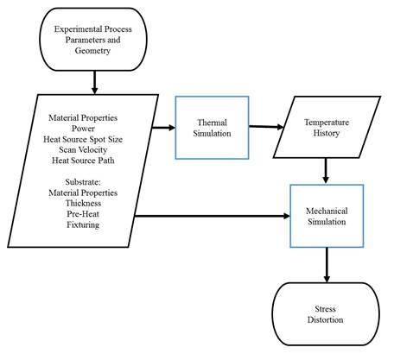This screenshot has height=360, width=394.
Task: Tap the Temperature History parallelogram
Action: point(327,127)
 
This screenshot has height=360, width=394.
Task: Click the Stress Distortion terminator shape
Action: point(326,314)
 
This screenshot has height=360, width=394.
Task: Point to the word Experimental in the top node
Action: point(78,29)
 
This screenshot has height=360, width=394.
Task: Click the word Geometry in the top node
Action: point(92,51)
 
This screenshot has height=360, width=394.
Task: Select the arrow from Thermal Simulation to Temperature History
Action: point(266,127)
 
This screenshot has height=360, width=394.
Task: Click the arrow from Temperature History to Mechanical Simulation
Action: point(326,171)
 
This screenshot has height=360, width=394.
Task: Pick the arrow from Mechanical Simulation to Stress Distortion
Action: point(327,265)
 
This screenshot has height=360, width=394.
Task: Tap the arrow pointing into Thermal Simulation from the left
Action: point(163,128)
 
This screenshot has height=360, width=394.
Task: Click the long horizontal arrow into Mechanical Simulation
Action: point(213,216)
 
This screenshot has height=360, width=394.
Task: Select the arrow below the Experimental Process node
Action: point(94,82)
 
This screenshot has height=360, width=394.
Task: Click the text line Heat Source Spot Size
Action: point(83,139)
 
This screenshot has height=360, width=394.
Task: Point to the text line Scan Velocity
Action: point(83,149)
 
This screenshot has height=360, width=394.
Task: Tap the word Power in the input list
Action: point(83,129)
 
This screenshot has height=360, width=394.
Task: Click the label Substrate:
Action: point(83,182)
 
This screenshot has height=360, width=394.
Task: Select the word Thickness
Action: point(83,203)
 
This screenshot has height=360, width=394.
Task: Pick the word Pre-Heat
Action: point(83,214)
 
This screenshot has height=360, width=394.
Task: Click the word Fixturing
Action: point(83,224)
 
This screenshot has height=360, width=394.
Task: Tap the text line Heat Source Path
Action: point(83,161)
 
